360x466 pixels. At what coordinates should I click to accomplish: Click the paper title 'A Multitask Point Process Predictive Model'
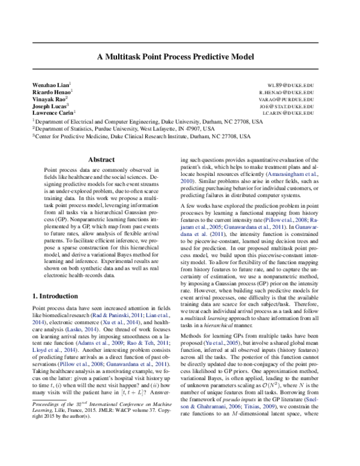click(179, 59)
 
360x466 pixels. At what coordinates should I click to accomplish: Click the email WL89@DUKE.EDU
click(292, 86)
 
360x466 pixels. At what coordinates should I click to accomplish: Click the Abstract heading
click(101, 160)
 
